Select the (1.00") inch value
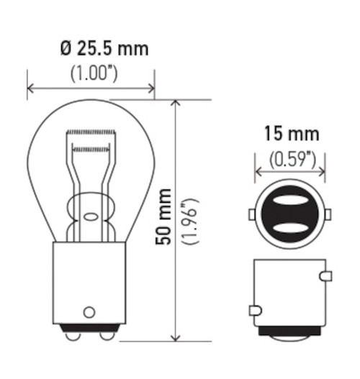91,73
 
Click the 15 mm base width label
290,134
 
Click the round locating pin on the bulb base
89,311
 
